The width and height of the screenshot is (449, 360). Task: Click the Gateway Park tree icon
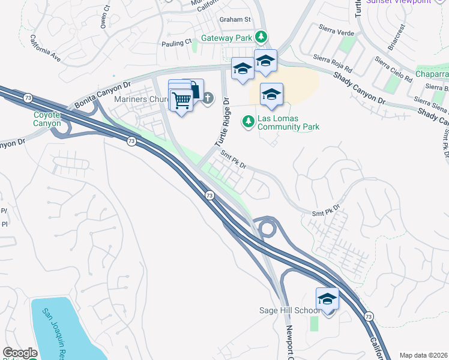[x=261, y=38]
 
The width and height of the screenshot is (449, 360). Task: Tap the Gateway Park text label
[x=226, y=38]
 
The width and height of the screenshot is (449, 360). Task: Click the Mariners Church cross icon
[x=208, y=98]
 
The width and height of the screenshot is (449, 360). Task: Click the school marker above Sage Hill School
[x=327, y=299]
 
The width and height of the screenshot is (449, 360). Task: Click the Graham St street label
[x=234, y=19]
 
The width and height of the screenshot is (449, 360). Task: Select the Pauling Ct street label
[x=176, y=43]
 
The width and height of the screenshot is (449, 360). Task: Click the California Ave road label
[x=45, y=49]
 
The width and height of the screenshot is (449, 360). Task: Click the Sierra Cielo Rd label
[x=393, y=70]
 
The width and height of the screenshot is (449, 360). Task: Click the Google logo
[x=20, y=353]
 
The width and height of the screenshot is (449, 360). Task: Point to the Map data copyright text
[x=423, y=355]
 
